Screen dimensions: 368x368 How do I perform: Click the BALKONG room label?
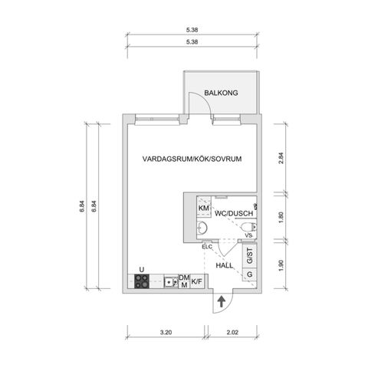pyautogui.click(x=221, y=93)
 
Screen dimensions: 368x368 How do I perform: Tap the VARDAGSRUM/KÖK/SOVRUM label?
pyautogui.click(x=192, y=159)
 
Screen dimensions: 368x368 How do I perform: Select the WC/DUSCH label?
pyautogui.click(x=234, y=213)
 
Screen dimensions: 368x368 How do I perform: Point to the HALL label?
pyautogui.click(x=225, y=265)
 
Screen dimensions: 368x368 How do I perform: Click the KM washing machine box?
pyautogui.click(x=204, y=207)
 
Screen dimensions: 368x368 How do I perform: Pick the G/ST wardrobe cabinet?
pyautogui.click(x=249, y=256)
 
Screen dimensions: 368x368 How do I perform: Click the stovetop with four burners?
pyautogui.click(x=142, y=281)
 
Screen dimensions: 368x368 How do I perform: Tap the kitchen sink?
pyautogui.click(x=171, y=282)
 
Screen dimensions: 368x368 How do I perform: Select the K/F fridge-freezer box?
pyautogui.click(x=197, y=281)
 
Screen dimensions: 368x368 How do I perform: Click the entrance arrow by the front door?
pyautogui.click(x=221, y=301)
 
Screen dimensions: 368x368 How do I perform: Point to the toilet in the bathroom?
pyautogui.click(x=248, y=226)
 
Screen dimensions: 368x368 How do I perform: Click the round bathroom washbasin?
pyautogui.click(x=202, y=227)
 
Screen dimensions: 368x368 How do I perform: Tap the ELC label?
pyautogui.click(x=207, y=247)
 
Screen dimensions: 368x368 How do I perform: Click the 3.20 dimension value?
pyautogui.click(x=166, y=333)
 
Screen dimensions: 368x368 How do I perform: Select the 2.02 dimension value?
pyautogui.click(x=232, y=333)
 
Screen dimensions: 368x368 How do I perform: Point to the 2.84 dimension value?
pyautogui.click(x=281, y=158)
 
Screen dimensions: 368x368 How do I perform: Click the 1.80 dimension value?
pyautogui.click(x=281, y=218)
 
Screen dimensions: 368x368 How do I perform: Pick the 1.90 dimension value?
pyautogui.click(x=281, y=265)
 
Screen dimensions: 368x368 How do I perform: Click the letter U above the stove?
pyautogui.click(x=142, y=270)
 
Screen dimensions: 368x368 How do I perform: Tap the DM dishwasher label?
pyautogui.click(x=184, y=278)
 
